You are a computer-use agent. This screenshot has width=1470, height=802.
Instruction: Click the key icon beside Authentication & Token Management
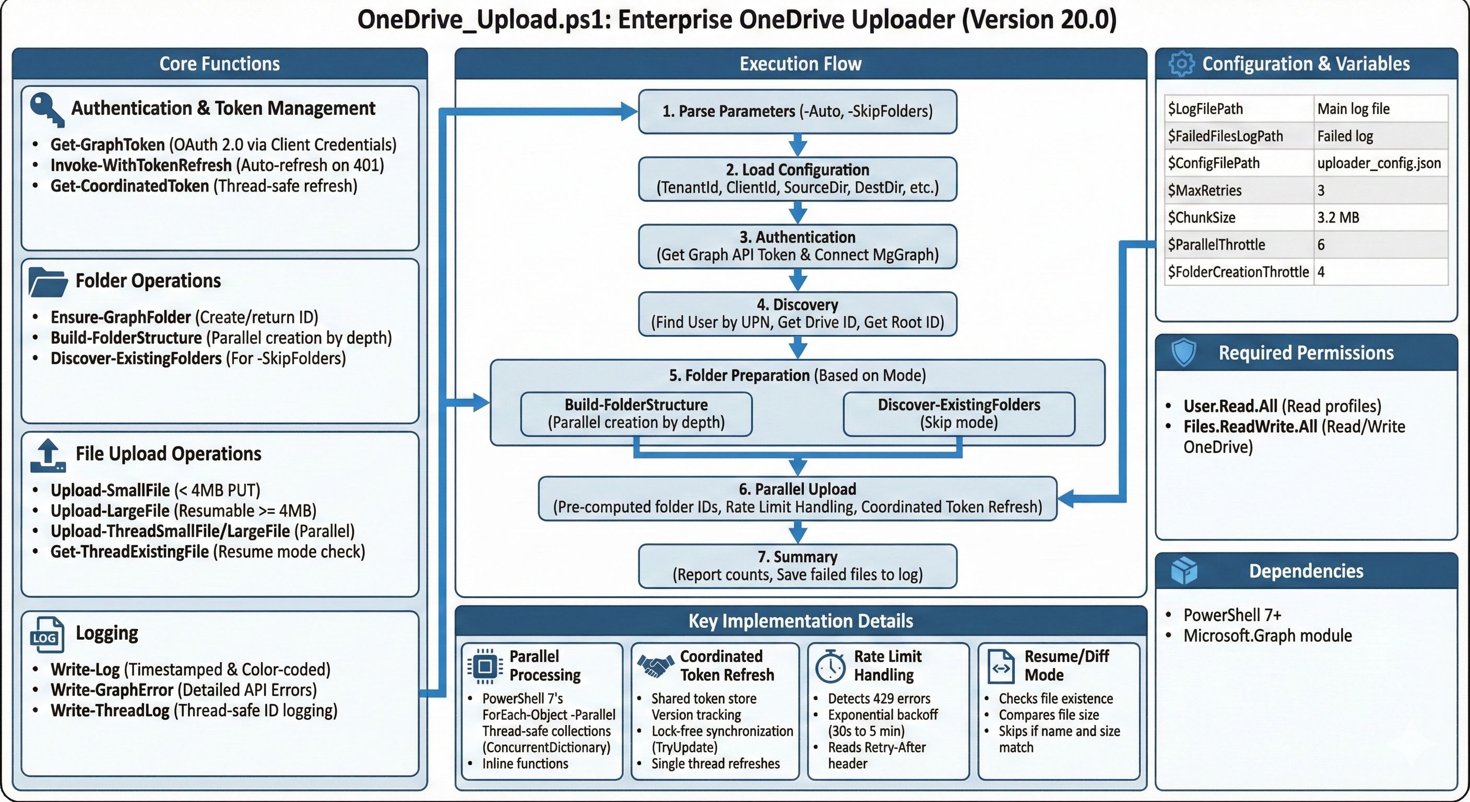(46, 110)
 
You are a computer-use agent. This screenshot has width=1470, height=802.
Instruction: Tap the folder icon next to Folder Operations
(48, 282)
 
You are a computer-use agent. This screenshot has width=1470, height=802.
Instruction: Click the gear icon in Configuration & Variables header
(1181, 63)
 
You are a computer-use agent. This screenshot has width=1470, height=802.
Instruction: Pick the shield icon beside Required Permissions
(1183, 352)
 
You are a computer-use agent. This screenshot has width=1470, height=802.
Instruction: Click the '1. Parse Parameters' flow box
(797, 111)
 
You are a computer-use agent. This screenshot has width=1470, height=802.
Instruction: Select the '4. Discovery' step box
(797, 313)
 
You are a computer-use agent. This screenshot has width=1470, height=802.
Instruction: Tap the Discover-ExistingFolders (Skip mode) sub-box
(959, 414)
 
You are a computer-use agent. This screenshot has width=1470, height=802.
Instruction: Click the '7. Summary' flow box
(797, 565)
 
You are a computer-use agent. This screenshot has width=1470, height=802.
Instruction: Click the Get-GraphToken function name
(108, 145)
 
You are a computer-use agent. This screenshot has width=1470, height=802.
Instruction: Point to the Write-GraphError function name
(112, 690)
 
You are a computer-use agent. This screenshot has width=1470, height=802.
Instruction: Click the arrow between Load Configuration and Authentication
(797, 213)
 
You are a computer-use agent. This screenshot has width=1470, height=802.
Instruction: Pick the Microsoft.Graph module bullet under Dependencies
(1267, 636)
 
